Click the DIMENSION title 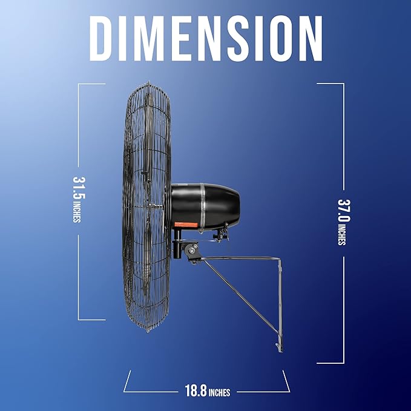[206, 38]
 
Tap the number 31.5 [79, 188]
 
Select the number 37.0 [344, 211]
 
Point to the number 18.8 [196, 390]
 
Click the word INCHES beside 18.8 [219, 392]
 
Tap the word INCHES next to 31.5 [77, 211]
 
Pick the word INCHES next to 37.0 [342, 234]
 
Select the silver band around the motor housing [203, 208]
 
